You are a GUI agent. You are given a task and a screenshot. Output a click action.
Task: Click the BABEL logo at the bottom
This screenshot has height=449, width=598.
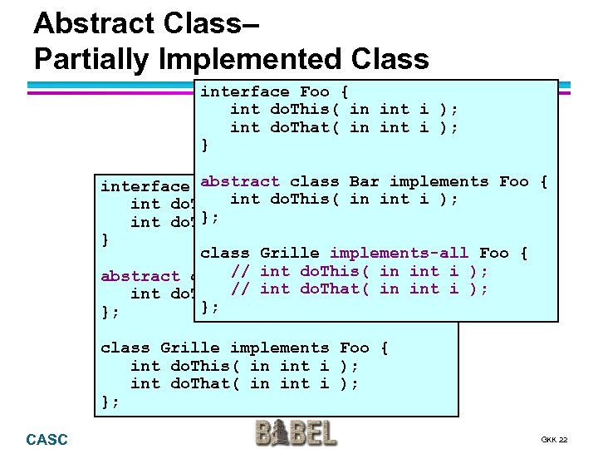click(x=297, y=434)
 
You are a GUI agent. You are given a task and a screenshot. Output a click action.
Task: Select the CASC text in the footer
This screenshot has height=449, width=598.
click(x=47, y=439)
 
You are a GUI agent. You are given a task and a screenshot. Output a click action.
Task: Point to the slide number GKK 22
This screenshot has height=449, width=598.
click(x=553, y=439)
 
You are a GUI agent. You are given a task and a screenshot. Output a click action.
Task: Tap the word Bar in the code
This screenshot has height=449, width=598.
click(x=364, y=181)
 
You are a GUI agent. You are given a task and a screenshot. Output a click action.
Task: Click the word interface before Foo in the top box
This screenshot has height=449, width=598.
click(x=244, y=91)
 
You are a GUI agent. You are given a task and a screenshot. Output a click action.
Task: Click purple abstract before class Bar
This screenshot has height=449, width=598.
click(x=239, y=181)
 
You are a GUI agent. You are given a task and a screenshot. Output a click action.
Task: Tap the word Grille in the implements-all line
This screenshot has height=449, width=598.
click(x=289, y=253)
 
